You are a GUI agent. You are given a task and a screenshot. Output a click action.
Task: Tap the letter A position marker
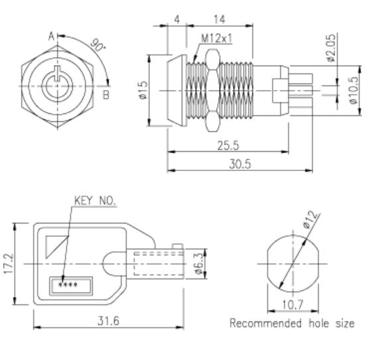coord(50,37)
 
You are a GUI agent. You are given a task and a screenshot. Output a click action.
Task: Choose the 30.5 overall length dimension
coord(235,164)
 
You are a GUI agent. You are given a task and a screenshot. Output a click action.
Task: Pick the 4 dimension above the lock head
coord(177,19)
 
